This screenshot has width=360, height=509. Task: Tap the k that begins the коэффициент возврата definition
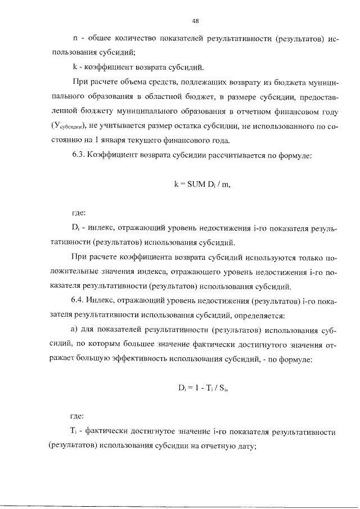[75, 66]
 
